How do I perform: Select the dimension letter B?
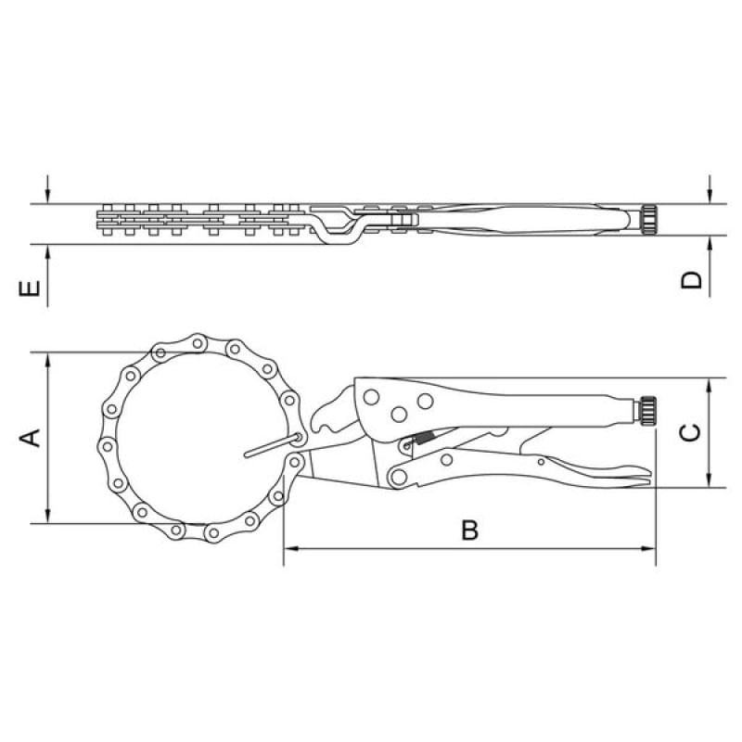tap(470, 530)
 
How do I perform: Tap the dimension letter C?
tap(690, 432)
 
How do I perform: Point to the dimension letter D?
tap(691, 280)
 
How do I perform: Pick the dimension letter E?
tap(30, 288)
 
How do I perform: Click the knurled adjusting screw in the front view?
tap(646, 408)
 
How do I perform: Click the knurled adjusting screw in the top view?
tap(648, 220)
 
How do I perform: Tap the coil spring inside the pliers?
tap(424, 438)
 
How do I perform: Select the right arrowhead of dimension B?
tap(648, 549)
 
